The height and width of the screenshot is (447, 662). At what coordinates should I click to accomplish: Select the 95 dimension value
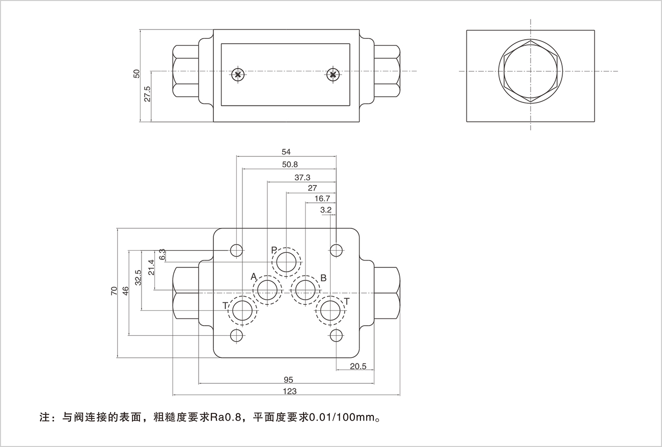click(288, 380)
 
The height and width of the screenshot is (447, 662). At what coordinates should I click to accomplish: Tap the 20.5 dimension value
click(358, 366)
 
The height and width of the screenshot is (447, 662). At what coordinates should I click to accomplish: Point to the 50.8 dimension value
click(289, 164)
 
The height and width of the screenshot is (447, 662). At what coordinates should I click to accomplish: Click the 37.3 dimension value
click(302, 177)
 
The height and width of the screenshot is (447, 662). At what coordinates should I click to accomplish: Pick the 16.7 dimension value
click(322, 199)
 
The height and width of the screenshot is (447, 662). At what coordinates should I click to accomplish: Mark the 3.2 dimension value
click(326, 210)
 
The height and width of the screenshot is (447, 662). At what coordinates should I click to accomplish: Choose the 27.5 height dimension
click(147, 95)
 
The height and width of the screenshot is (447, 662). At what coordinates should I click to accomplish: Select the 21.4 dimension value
click(151, 268)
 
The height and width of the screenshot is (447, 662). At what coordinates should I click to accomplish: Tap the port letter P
click(273, 250)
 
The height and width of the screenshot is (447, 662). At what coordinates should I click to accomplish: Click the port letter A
click(253, 276)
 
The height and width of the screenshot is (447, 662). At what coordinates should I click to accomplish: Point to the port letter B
click(323, 278)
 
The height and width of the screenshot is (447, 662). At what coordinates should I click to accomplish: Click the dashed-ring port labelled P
click(287, 262)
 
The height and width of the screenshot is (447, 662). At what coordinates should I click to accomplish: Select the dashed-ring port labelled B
click(305, 291)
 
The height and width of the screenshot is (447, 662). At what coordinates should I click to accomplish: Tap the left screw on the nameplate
click(238, 75)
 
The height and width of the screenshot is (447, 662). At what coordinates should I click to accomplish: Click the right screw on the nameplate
click(333, 75)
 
